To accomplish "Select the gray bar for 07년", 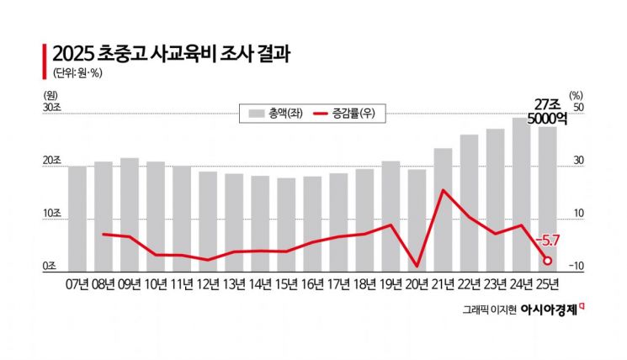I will [x=77, y=218].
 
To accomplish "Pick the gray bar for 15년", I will [x=286, y=224].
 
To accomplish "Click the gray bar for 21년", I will [x=443, y=209].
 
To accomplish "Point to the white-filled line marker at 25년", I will [x=547, y=260].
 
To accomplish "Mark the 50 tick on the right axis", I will [x=578, y=109].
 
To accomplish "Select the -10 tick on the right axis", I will [x=577, y=267].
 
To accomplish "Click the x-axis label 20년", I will [x=417, y=283].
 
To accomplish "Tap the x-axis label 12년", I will [x=208, y=283].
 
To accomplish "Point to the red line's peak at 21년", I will [x=443, y=191].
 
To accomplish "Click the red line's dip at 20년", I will [x=417, y=265].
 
